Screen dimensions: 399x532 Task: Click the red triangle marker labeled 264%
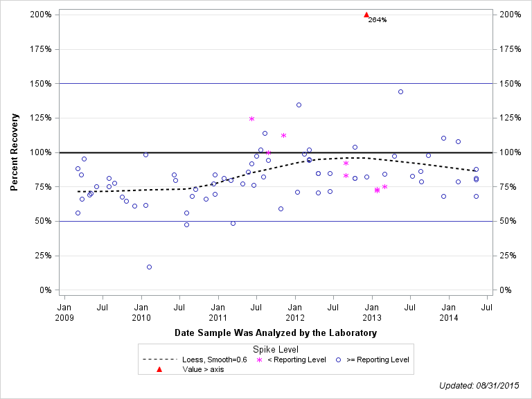click(366, 15)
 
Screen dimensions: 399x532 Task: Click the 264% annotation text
click(378, 20)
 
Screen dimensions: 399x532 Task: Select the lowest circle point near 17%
click(149, 267)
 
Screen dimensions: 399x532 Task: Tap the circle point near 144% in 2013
click(400, 91)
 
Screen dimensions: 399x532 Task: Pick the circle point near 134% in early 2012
click(299, 105)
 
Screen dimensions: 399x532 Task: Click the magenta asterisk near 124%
click(251, 118)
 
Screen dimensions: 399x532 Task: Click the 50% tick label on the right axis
click(509, 221)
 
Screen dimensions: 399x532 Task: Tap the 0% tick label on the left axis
click(45, 290)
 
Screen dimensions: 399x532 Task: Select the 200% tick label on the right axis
click(511, 15)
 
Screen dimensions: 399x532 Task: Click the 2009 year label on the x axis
click(64, 317)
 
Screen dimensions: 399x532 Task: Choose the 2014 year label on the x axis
click(449, 317)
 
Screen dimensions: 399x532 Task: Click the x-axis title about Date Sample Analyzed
click(276, 333)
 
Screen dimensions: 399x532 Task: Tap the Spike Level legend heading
click(276, 350)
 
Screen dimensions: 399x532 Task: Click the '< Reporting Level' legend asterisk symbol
click(260, 360)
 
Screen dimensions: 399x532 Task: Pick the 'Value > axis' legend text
click(203, 369)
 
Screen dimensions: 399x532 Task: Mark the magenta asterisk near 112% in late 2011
click(283, 135)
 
